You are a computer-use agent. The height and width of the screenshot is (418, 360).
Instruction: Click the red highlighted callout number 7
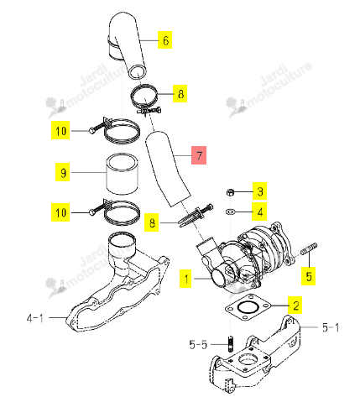(x=199, y=155)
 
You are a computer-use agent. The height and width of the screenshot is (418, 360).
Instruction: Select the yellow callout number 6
(x=164, y=40)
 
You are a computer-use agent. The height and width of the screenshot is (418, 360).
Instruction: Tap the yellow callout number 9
(x=63, y=172)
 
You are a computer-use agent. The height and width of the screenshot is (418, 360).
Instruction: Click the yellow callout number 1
(x=185, y=279)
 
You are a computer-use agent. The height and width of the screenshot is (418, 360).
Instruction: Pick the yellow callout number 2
(x=295, y=305)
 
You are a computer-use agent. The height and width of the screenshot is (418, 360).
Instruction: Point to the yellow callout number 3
(x=259, y=191)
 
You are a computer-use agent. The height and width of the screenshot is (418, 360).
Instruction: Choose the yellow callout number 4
(x=259, y=212)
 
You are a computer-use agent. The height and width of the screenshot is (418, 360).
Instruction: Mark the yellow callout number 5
(x=308, y=276)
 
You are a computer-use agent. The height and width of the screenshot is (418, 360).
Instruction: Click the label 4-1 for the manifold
(x=35, y=318)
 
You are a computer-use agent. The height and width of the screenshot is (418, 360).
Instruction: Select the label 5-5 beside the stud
(x=198, y=344)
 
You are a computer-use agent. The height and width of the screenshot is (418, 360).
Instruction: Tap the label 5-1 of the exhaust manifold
(x=331, y=327)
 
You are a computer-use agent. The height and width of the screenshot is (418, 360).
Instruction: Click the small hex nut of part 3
(x=230, y=192)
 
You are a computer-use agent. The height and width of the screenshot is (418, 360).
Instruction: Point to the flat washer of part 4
(x=230, y=212)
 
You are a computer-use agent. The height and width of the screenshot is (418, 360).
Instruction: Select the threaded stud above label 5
(x=309, y=248)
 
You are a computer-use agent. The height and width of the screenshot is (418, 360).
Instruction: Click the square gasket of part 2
(x=248, y=307)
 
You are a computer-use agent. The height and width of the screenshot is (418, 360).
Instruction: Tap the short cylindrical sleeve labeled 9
(x=122, y=174)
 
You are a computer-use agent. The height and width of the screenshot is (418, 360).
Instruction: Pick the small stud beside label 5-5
(x=231, y=343)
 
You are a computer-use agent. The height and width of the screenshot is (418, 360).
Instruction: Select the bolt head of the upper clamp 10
(x=91, y=130)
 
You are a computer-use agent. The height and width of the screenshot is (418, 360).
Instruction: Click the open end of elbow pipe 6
(x=138, y=72)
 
